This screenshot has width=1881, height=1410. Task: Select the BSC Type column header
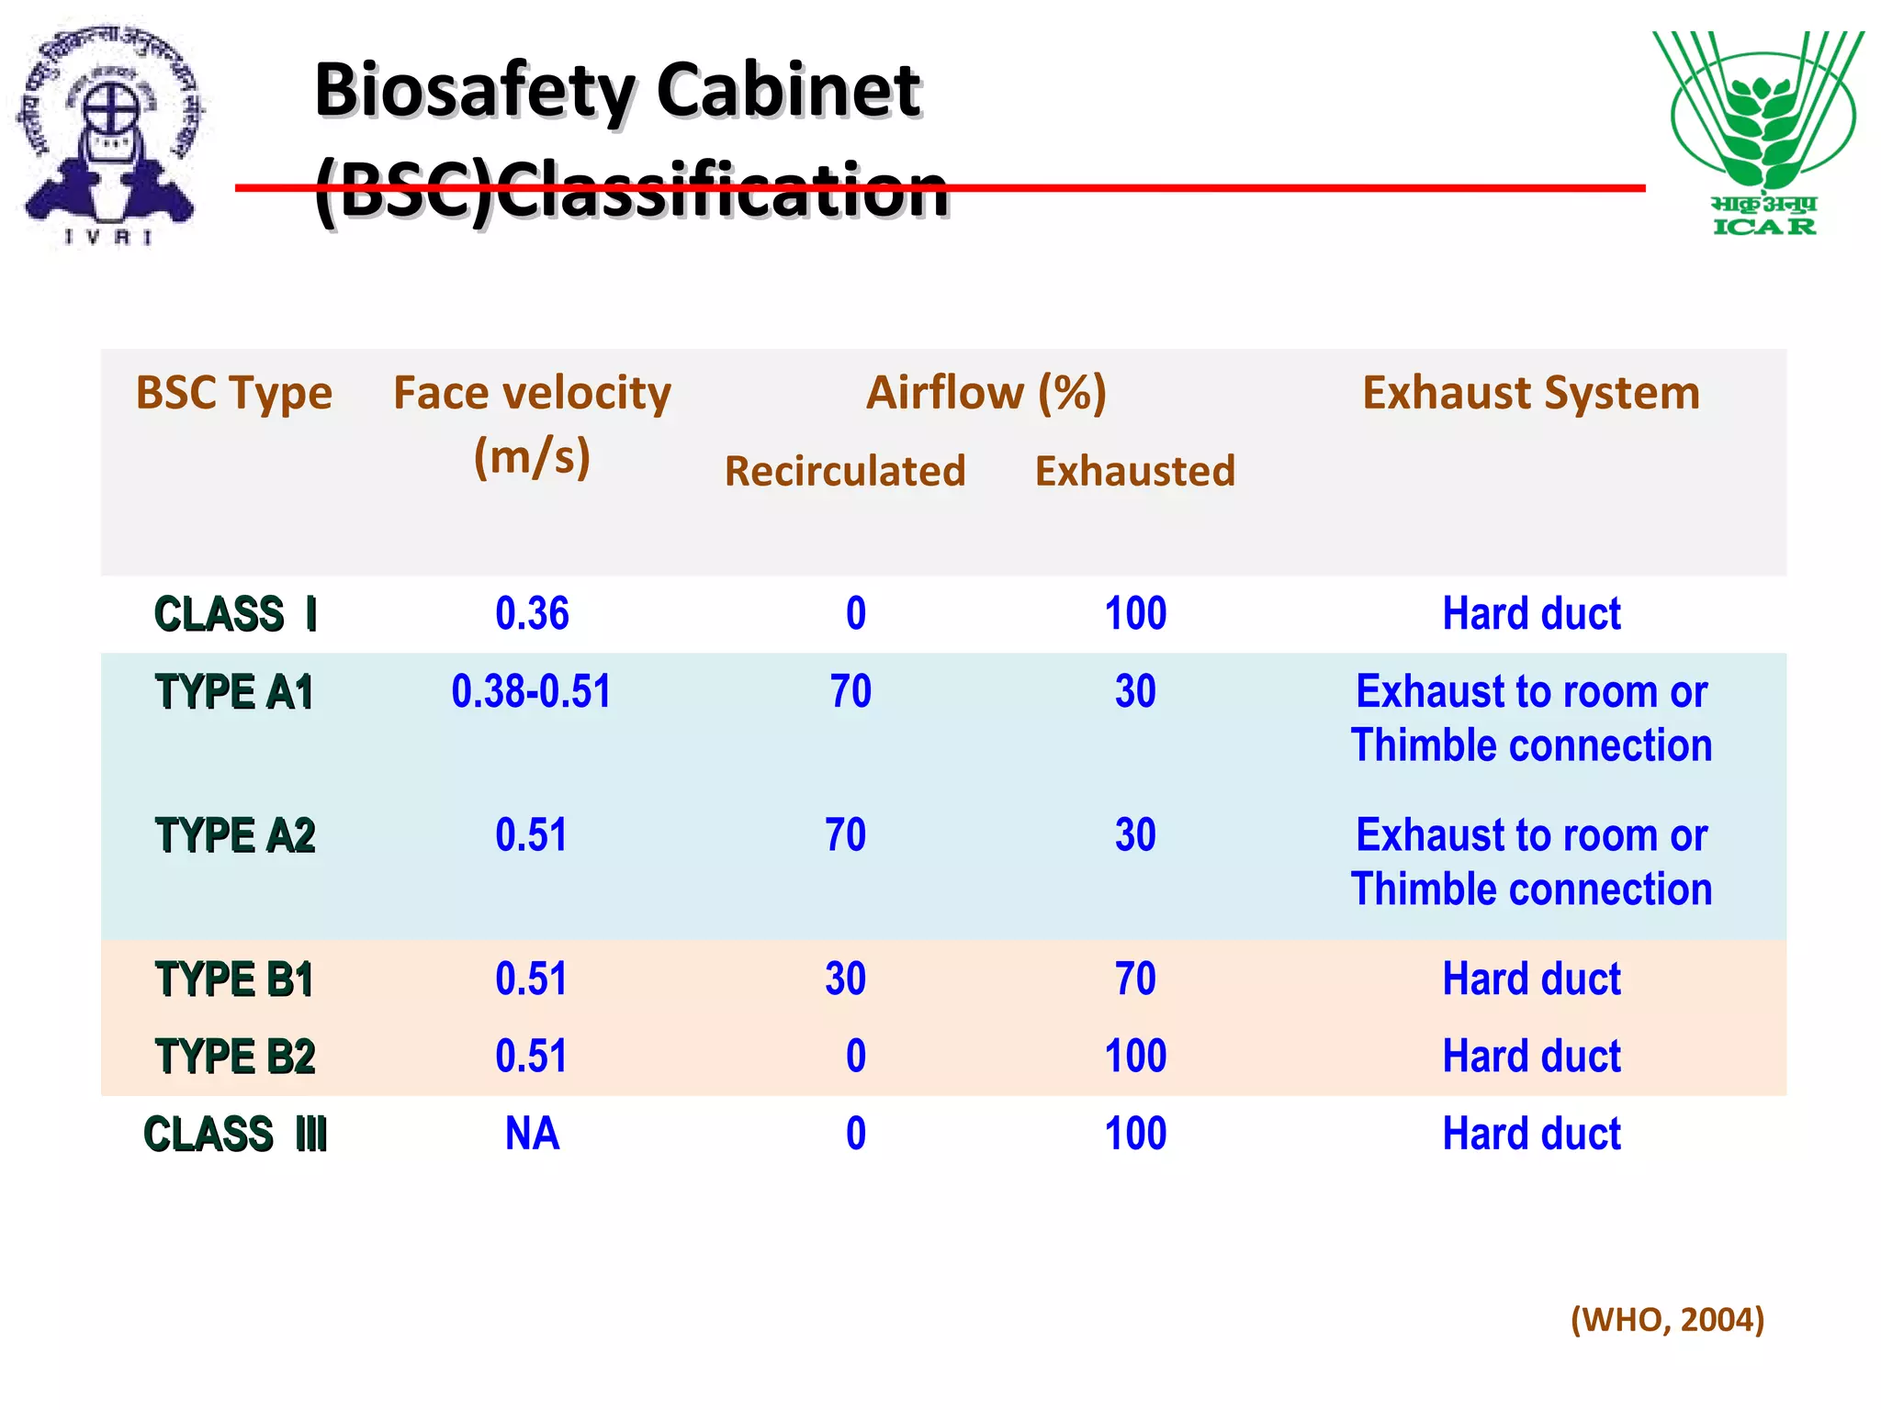[x=233, y=393]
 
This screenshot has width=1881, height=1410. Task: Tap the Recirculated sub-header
[x=845, y=471]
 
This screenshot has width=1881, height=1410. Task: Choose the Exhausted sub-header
[x=1135, y=471]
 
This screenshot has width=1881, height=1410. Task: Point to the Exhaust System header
[x=1531, y=393]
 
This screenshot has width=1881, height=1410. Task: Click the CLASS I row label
[x=235, y=613]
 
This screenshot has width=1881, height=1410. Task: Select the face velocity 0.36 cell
[x=532, y=613]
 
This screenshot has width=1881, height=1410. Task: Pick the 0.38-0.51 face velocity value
[x=531, y=691]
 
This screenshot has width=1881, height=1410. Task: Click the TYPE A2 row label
[x=235, y=835]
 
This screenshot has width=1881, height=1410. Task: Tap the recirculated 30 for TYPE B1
[x=845, y=979]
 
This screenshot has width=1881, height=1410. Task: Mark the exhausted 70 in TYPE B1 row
[x=1135, y=979]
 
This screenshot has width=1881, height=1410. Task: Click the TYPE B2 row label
[x=235, y=1056]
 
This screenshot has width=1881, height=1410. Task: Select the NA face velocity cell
[x=532, y=1134]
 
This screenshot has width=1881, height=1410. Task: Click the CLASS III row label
[x=235, y=1134]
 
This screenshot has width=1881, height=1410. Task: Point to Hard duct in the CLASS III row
[x=1531, y=1134]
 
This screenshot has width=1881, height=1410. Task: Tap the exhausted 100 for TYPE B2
[x=1135, y=1056]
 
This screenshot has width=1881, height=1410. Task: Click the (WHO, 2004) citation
[x=1667, y=1319]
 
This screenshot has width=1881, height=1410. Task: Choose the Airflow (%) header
[x=986, y=393]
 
